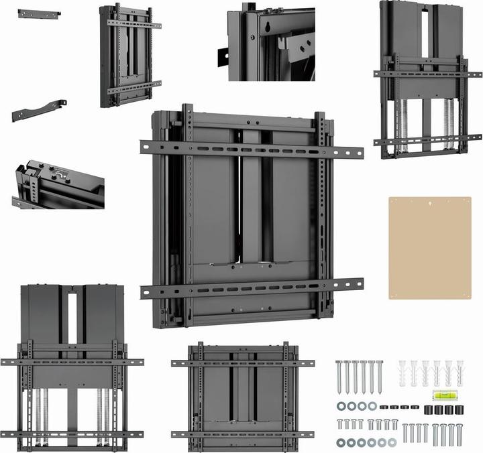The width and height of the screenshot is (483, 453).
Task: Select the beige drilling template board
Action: pos(429,247)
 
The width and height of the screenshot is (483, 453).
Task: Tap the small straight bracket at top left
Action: pos(39,13)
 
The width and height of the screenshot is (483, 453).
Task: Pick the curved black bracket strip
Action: pos(39,110)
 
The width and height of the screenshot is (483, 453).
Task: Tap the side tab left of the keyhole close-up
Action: pos(223,57)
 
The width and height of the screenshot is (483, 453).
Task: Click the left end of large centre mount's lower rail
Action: pos(147,292)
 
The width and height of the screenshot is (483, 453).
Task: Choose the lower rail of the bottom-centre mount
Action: pos(242,434)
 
